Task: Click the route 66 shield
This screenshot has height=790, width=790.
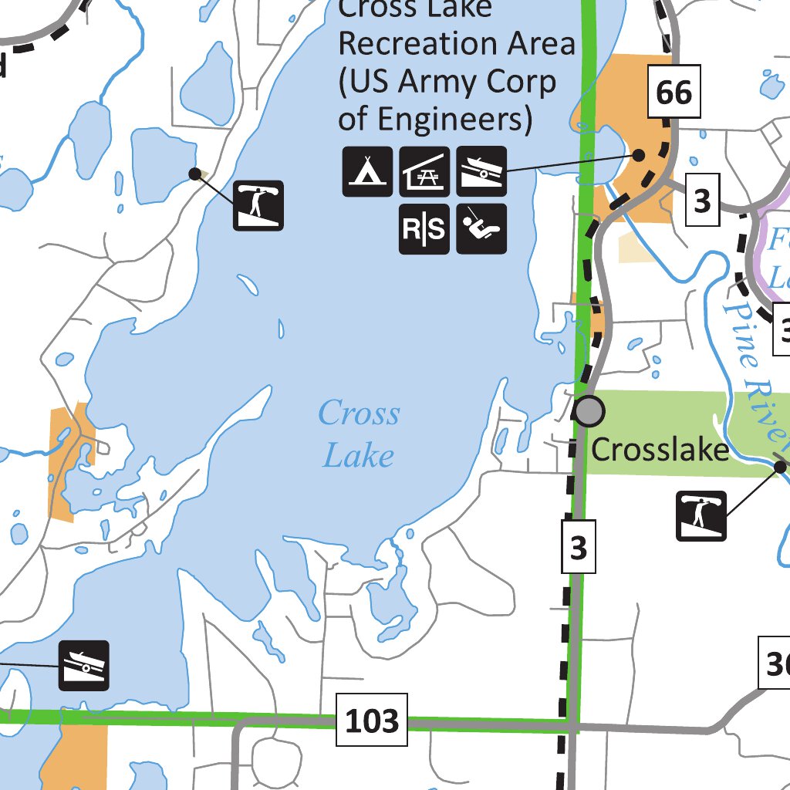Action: pyautogui.click(x=674, y=93)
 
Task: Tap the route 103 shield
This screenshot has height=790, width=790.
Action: pyautogui.click(x=372, y=721)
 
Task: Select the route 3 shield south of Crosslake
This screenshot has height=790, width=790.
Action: pyautogui.click(x=579, y=548)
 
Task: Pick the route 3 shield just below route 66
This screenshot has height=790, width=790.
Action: pyautogui.click(x=701, y=201)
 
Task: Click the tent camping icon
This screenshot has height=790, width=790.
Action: pyautogui.click(x=367, y=170)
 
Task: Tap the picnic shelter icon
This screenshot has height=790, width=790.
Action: pyautogui.click(x=424, y=170)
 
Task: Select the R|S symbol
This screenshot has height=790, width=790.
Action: pyautogui.click(x=424, y=228)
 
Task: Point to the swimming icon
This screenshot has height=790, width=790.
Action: pyautogui.click(x=481, y=228)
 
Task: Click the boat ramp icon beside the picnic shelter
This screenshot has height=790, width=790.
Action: pyautogui.click(x=481, y=170)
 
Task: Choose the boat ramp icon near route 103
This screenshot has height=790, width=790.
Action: pyautogui.click(x=84, y=665)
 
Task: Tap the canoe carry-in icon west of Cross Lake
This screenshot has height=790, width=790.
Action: pyautogui.click(x=258, y=205)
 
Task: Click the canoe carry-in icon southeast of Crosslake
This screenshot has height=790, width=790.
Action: pyautogui.click(x=701, y=515)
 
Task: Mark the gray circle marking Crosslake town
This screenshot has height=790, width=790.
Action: pyautogui.click(x=589, y=410)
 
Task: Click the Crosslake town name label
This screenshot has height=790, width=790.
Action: pyautogui.click(x=660, y=449)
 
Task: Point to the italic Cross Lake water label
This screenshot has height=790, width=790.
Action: pyautogui.click(x=359, y=434)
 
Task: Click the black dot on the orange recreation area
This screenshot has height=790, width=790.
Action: pyautogui.click(x=639, y=154)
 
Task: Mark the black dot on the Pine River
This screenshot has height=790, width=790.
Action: pyautogui.click(x=780, y=466)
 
